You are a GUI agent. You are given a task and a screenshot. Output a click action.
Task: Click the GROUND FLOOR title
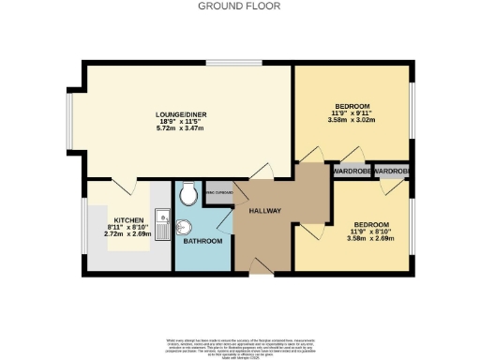click(x=240, y=7)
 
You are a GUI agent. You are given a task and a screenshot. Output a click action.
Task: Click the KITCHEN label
click(x=128, y=219)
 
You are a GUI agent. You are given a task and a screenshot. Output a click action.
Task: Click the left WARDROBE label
click(x=351, y=171)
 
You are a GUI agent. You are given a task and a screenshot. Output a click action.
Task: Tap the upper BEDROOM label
click(x=353, y=106)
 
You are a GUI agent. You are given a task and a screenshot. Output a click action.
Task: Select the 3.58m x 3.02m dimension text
click(x=353, y=120)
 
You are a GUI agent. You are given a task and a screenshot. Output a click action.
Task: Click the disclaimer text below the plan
click(x=240, y=343)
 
